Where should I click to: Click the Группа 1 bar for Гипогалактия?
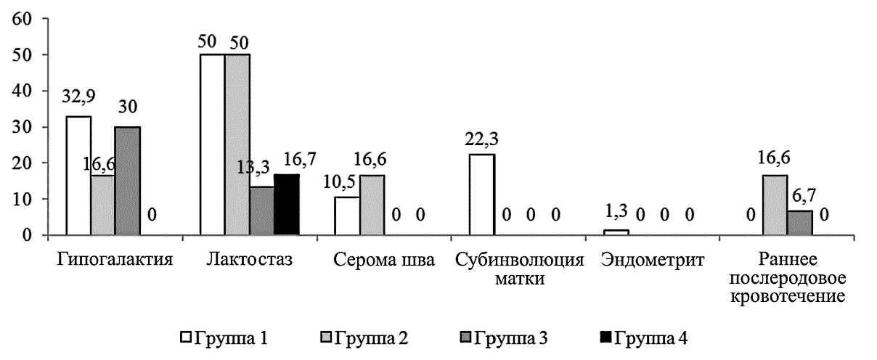click(78, 176)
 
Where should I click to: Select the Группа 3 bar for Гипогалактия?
click(128, 181)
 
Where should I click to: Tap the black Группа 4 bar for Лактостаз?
click(286, 205)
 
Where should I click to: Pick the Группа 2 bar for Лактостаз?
click(237, 144)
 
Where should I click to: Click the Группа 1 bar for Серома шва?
click(346, 216)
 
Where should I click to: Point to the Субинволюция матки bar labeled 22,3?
click(481, 195)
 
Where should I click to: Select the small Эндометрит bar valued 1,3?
click(616, 232)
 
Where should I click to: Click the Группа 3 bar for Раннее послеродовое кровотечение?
click(800, 223)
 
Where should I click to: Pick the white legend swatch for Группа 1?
click(187, 338)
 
